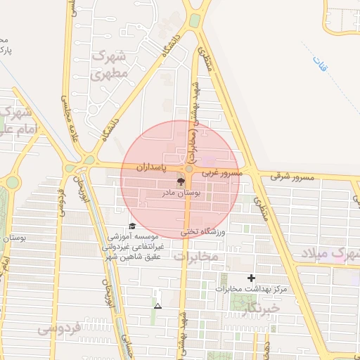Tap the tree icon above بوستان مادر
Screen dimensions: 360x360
point(181,181)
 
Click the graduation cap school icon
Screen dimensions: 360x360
point(132,226)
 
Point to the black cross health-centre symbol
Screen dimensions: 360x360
point(252,278)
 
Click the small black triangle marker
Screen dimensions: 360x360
point(157,306)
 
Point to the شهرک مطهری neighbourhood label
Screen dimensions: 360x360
point(111,63)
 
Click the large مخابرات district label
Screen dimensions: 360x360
point(196,258)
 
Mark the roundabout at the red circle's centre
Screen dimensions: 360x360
point(188,170)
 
